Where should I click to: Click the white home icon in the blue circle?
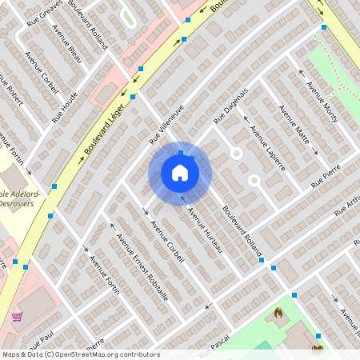click(x=180, y=172)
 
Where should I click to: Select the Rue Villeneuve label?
click(x=166, y=123)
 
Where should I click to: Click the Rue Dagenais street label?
click(x=232, y=106)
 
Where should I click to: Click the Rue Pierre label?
click(x=326, y=177)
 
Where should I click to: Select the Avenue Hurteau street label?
click(x=204, y=232)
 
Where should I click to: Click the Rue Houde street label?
click(x=65, y=106)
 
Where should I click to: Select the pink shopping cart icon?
click(x=17, y=317)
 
